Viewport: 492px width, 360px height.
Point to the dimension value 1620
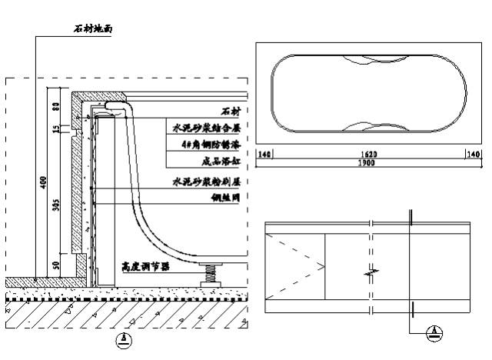(x=371, y=155)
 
